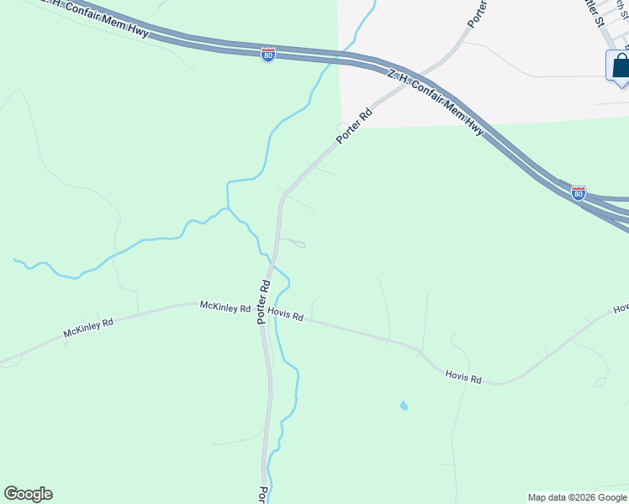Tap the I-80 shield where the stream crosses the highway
(x=268, y=55)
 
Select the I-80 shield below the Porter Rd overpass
(x=579, y=193)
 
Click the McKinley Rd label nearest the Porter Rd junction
(x=225, y=307)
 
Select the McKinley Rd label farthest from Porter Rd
(x=87, y=328)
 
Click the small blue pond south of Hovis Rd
(x=404, y=406)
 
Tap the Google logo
(x=28, y=494)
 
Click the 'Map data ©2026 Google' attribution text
(x=577, y=497)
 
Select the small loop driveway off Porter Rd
(x=299, y=244)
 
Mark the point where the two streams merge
(x=227, y=207)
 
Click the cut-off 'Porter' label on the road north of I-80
(x=478, y=13)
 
